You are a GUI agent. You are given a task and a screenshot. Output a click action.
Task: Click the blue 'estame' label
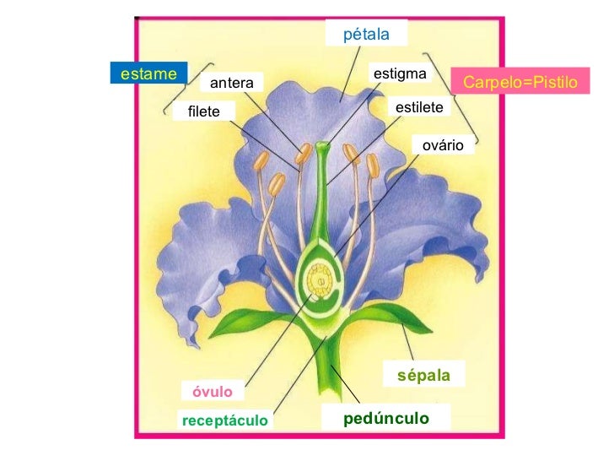(148, 73)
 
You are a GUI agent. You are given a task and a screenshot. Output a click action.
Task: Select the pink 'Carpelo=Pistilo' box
(520, 82)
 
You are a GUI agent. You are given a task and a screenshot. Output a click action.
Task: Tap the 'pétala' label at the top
(366, 35)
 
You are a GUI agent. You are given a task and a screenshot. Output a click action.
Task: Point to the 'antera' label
(231, 82)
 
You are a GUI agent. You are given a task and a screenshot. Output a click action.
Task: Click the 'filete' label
(204, 111)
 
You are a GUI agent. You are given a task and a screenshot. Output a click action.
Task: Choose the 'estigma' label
(400, 73)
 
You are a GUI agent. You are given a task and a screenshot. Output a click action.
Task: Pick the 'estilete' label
(419, 108)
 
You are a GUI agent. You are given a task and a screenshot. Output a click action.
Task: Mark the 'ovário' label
(443, 144)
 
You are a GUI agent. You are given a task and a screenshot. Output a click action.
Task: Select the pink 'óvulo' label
(213, 391)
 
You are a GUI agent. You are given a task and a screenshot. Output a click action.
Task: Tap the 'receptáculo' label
(224, 420)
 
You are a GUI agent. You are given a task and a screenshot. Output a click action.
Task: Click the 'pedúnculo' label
(385, 418)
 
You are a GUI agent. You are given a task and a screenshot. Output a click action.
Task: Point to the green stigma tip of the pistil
(323, 149)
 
